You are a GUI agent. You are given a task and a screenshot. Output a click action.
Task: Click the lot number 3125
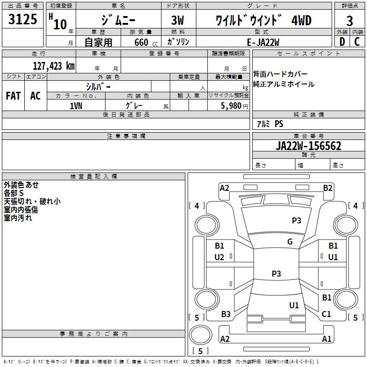click(x=22, y=19)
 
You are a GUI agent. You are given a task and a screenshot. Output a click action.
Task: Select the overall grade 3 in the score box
click(x=350, y=21)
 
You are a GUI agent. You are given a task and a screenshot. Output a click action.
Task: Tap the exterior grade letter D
click(x=342, y=42)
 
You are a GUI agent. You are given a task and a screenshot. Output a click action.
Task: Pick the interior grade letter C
click(x=357, y=42)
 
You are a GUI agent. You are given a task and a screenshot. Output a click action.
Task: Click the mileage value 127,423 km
click(x=54, y=66)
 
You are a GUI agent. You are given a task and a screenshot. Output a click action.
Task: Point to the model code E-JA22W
click(x=263, y=42)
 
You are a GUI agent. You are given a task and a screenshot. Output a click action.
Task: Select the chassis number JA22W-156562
click(x=308, y=145)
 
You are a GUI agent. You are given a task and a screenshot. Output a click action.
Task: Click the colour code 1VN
click(x=76, y=106)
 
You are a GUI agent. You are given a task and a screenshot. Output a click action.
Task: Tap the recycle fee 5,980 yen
click(x=234, y=106)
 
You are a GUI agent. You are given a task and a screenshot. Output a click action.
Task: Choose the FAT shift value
click(x=13, y=96)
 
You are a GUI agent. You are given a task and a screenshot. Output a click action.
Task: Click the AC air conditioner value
click(x=35, y=96)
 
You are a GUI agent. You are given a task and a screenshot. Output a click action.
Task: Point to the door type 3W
click(x=178, y=20)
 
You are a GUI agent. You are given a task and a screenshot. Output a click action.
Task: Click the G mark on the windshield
click(x=290, y=241)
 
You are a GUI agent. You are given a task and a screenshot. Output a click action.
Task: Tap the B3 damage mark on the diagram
click(x=226, y=314)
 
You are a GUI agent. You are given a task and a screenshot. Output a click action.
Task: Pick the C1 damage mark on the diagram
click(x=326, y=314)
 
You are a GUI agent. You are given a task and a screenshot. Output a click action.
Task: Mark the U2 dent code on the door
click(x=219, y=257)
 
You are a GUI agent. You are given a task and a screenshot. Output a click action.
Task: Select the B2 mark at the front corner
click(x=328, y=188)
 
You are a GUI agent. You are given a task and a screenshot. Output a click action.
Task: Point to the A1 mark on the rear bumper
click(x=327, y=339)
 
